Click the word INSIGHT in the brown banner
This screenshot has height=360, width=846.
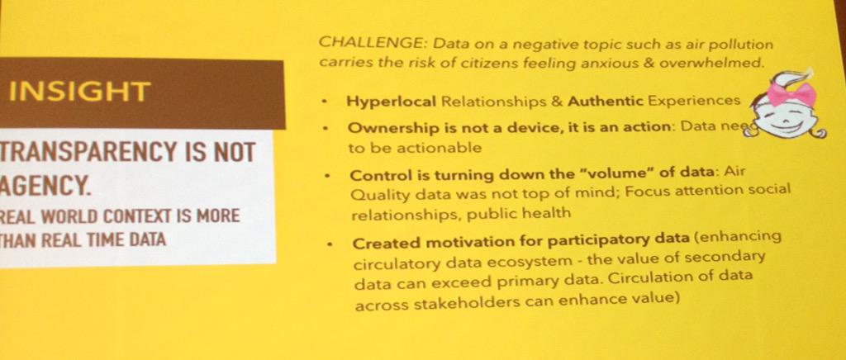click(x=79, y=92)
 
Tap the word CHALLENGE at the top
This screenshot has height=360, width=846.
click(x=354, y=42)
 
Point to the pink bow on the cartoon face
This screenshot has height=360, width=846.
click(x=791, y=92)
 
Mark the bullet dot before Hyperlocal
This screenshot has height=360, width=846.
click(x=326, y=103)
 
